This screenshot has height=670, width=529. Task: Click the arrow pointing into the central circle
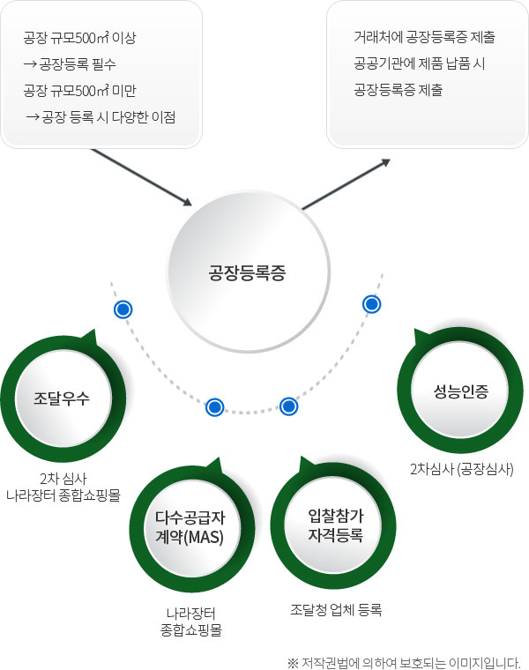(141, 176)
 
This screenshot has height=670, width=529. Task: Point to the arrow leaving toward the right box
(346, 184)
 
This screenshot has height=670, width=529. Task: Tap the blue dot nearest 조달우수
(123, 309)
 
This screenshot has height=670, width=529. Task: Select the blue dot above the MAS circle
(214, 407)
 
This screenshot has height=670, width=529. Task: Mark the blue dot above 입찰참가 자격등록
(288, 406)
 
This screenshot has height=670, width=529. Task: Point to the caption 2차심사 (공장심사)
(461, 468)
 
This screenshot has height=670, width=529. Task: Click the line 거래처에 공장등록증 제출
(424, 39)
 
